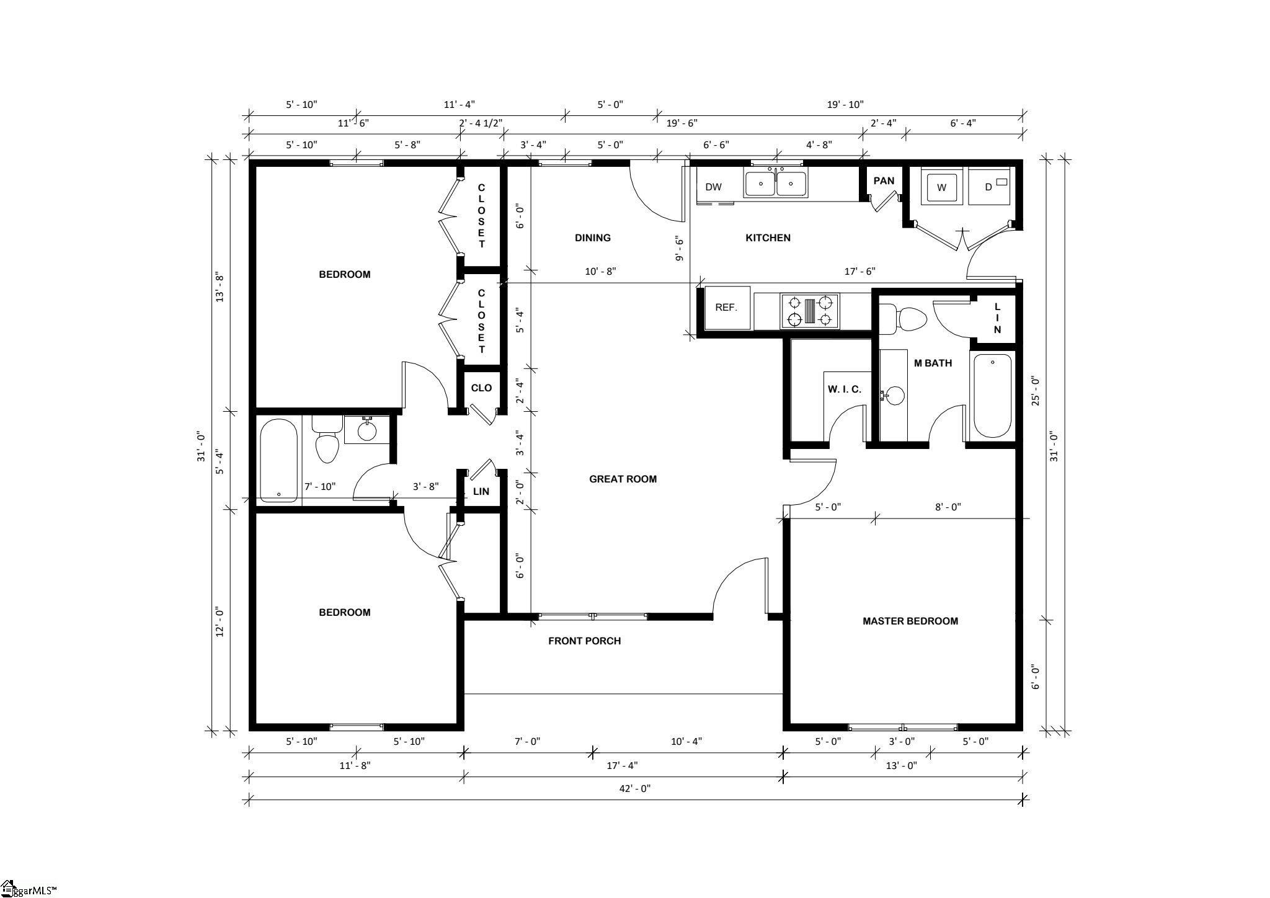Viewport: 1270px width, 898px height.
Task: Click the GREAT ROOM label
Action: click(623, 479)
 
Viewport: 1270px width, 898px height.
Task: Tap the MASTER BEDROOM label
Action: click(910, 621)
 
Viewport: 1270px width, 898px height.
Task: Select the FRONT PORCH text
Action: click(584, 641)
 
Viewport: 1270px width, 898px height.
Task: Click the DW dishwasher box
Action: click(714, 187)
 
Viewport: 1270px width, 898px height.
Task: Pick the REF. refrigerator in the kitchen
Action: click(727, 308)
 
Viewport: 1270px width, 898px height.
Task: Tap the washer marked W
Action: click(942, 187)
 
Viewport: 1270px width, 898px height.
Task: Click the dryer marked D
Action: click(990, 187)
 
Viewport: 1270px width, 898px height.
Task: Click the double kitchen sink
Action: click(776, 184)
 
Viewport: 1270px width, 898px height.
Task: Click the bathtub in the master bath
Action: click(992, 396)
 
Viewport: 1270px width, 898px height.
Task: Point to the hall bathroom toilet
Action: click(327, 440)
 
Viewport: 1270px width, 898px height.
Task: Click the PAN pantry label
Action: click(884, 181)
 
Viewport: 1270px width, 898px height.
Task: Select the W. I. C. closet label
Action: click(844, 389)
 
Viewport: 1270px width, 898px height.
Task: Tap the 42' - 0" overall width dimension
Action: click(635, 789)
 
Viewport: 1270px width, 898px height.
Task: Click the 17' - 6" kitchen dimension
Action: click(859, 271)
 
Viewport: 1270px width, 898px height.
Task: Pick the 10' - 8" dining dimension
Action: click(600, 271)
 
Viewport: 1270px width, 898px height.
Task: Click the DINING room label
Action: click(593, 238)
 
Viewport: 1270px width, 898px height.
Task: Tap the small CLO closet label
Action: click(481, 388)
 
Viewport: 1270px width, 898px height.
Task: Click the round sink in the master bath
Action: click(894, 395)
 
